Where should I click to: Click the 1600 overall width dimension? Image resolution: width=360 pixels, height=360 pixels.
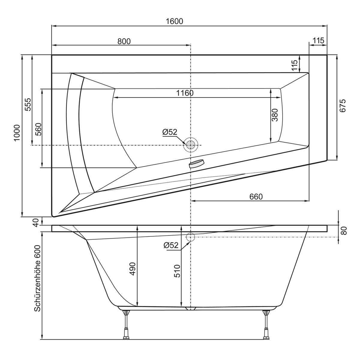coord(174,21)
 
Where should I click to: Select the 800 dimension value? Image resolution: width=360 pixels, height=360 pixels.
coord(124,41)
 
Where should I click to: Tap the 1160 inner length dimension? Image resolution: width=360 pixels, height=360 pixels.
coord(184,93)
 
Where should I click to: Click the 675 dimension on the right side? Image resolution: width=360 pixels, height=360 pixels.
coord(343,106)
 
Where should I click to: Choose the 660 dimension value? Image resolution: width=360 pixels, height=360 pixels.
coord(256,196)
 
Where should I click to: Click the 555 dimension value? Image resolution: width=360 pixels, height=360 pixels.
coord(28,104)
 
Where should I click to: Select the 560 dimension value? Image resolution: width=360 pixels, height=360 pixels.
coord(38,130)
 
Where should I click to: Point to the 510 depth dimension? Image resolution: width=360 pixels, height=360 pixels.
coord(177,271)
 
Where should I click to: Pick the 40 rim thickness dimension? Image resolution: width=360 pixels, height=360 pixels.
coord(35,222)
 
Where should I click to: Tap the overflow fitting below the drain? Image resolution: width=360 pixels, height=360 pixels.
coord(196,164)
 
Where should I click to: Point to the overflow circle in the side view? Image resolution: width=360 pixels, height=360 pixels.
coord(190,237)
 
